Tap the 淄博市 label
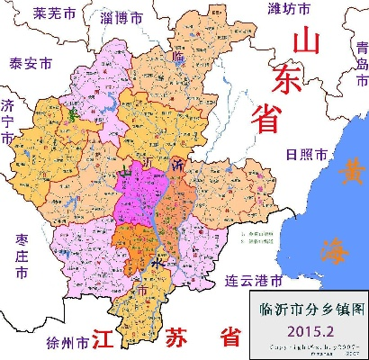122,18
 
